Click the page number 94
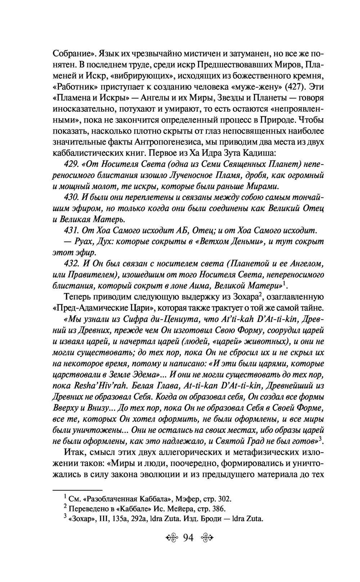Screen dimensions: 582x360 pyautogui.click(x=188, y=538)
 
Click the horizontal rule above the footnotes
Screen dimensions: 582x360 pyautogui.click(x=78, y=490)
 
